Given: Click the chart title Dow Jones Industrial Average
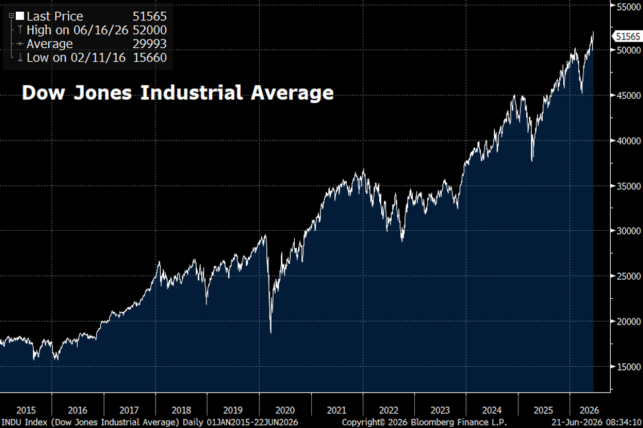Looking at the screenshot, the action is (x=177, y=92).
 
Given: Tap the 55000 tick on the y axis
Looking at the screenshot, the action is (x=628, y=7).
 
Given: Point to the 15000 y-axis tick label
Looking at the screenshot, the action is (x=628, y=367).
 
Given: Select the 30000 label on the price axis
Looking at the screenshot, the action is (x=628, y=231).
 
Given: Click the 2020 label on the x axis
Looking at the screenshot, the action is (x=285, y=410).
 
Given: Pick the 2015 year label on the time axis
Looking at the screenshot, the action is (x=26, y=410).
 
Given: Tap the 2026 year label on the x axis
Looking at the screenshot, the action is (x=590, y=410).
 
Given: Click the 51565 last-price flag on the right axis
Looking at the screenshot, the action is (x=628, y=36).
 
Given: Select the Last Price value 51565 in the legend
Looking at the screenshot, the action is (x=150, y=16).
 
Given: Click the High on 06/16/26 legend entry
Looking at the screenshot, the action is (x=78, y=30).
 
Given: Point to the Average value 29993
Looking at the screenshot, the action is (x=150, y=44).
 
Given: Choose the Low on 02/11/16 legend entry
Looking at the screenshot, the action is (x=77, y=58).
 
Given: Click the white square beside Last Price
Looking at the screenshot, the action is (x=20, y=16).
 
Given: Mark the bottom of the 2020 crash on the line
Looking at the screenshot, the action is (x=271, y=332).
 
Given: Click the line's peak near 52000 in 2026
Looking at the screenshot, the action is (x=593, y=32).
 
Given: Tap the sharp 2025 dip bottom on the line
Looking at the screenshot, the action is (x=532, y=161).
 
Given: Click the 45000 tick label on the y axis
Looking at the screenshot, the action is (x=628, y=96).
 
